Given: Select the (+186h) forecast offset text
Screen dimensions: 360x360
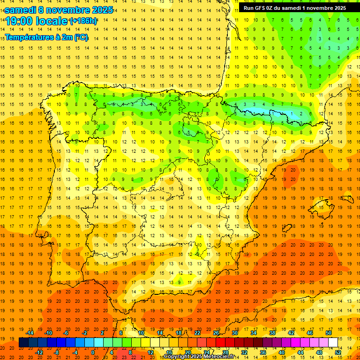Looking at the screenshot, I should [x=83, y=21].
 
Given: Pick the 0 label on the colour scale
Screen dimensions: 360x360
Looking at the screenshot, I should [x=93, y=352].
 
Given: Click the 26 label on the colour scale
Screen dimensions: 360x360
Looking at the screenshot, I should [x=216, y=333].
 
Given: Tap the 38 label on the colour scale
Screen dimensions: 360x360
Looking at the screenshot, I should [x=272, y=333].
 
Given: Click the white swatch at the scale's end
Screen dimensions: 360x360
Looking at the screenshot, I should [x=333, y=343].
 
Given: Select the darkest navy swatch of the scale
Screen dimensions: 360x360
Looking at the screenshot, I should [x=23, y=343].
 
